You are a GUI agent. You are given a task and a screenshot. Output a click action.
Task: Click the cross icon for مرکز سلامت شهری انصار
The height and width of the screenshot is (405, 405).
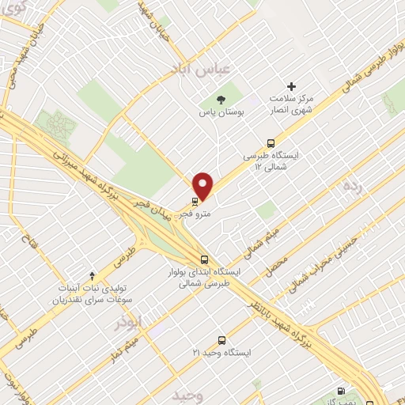pos(291,86)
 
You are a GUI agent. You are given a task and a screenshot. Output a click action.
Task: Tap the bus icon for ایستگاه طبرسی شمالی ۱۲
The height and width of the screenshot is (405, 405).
pos(271,145)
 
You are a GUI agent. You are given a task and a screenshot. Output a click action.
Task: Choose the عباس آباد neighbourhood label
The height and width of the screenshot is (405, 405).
pos(199,70)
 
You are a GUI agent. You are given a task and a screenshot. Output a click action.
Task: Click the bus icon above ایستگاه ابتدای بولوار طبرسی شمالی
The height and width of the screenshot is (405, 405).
pos(205,259)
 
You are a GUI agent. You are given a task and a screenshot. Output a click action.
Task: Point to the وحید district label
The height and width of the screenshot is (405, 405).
pos(186,393)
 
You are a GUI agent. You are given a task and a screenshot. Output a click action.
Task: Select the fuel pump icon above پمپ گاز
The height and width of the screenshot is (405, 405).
pos(341,390)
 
